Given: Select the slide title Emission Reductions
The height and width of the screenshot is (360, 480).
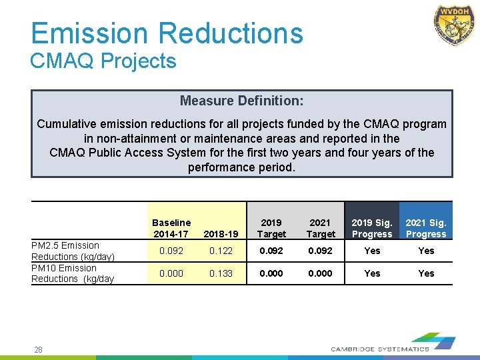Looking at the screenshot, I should (x=167, y=33).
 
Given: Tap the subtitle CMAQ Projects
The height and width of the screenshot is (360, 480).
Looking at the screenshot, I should (x=103, y=61).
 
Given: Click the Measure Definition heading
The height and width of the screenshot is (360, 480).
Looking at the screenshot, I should (x=241, y=101).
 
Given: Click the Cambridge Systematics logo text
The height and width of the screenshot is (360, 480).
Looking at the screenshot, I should (x=380, y=349).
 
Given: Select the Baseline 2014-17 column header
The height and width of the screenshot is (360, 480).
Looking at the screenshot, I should (x=171, y=228).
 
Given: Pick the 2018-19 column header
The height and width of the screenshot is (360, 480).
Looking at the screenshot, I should (x=220, y=234).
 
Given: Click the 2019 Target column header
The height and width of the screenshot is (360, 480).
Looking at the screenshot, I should (x=271, y=228).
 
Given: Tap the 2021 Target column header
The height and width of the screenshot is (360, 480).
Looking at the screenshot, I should (x=321, y=228).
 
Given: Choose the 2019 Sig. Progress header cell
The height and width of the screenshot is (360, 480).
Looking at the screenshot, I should (x=371, y=228).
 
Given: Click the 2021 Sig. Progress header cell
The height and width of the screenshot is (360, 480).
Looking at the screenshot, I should (x=425, y=228).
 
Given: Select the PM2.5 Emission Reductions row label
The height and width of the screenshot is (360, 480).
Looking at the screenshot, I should (x=73, y=251).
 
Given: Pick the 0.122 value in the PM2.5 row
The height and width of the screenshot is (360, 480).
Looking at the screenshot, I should (x=220, y=251).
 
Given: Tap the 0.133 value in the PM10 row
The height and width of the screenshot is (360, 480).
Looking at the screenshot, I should (x=220, y=273).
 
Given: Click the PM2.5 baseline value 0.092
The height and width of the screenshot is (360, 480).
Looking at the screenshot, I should (x=171, y=251).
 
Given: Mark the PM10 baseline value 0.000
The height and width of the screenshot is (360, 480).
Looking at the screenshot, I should (x=171, y=273).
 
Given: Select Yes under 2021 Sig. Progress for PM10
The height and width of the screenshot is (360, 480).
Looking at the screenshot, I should (x=426, y=273).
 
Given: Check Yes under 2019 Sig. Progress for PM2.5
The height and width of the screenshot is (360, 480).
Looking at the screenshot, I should (x=371, y=251).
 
